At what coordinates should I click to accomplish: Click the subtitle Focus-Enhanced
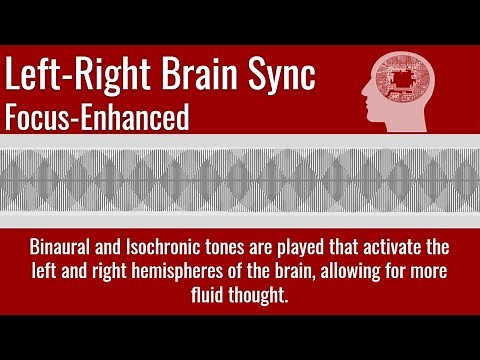96,117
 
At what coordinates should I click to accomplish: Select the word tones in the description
249,247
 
